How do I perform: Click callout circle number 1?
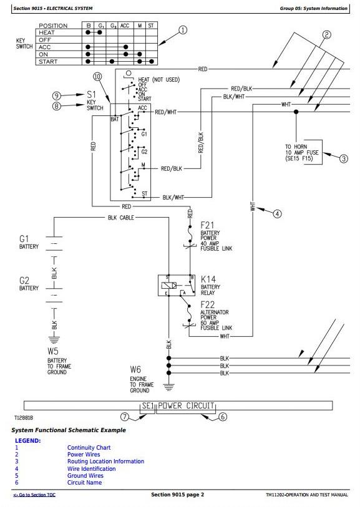point(183,30)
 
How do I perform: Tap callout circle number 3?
point(344,158)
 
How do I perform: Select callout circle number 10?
point(97,76)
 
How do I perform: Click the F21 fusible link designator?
point(207,225)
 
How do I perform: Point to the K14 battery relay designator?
point(208,279)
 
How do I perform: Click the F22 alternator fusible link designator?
point(207,304)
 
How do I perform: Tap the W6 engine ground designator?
point(135,369)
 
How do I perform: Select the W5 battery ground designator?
point(53,351)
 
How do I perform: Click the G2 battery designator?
point(24,281)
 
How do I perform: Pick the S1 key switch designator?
point(91,94)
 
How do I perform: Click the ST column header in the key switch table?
point(151,25)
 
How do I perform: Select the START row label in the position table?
point(48,62)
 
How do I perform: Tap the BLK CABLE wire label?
point(121,218)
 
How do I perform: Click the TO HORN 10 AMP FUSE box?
point(303,152)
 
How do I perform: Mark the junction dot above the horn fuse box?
point(296,112)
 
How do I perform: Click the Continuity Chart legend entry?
point(89,448)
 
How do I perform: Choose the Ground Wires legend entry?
point(85,476)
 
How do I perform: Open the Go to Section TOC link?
point(34,495)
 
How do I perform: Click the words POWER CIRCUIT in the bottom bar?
point(186,405)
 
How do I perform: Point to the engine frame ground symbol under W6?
point(168,387)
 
